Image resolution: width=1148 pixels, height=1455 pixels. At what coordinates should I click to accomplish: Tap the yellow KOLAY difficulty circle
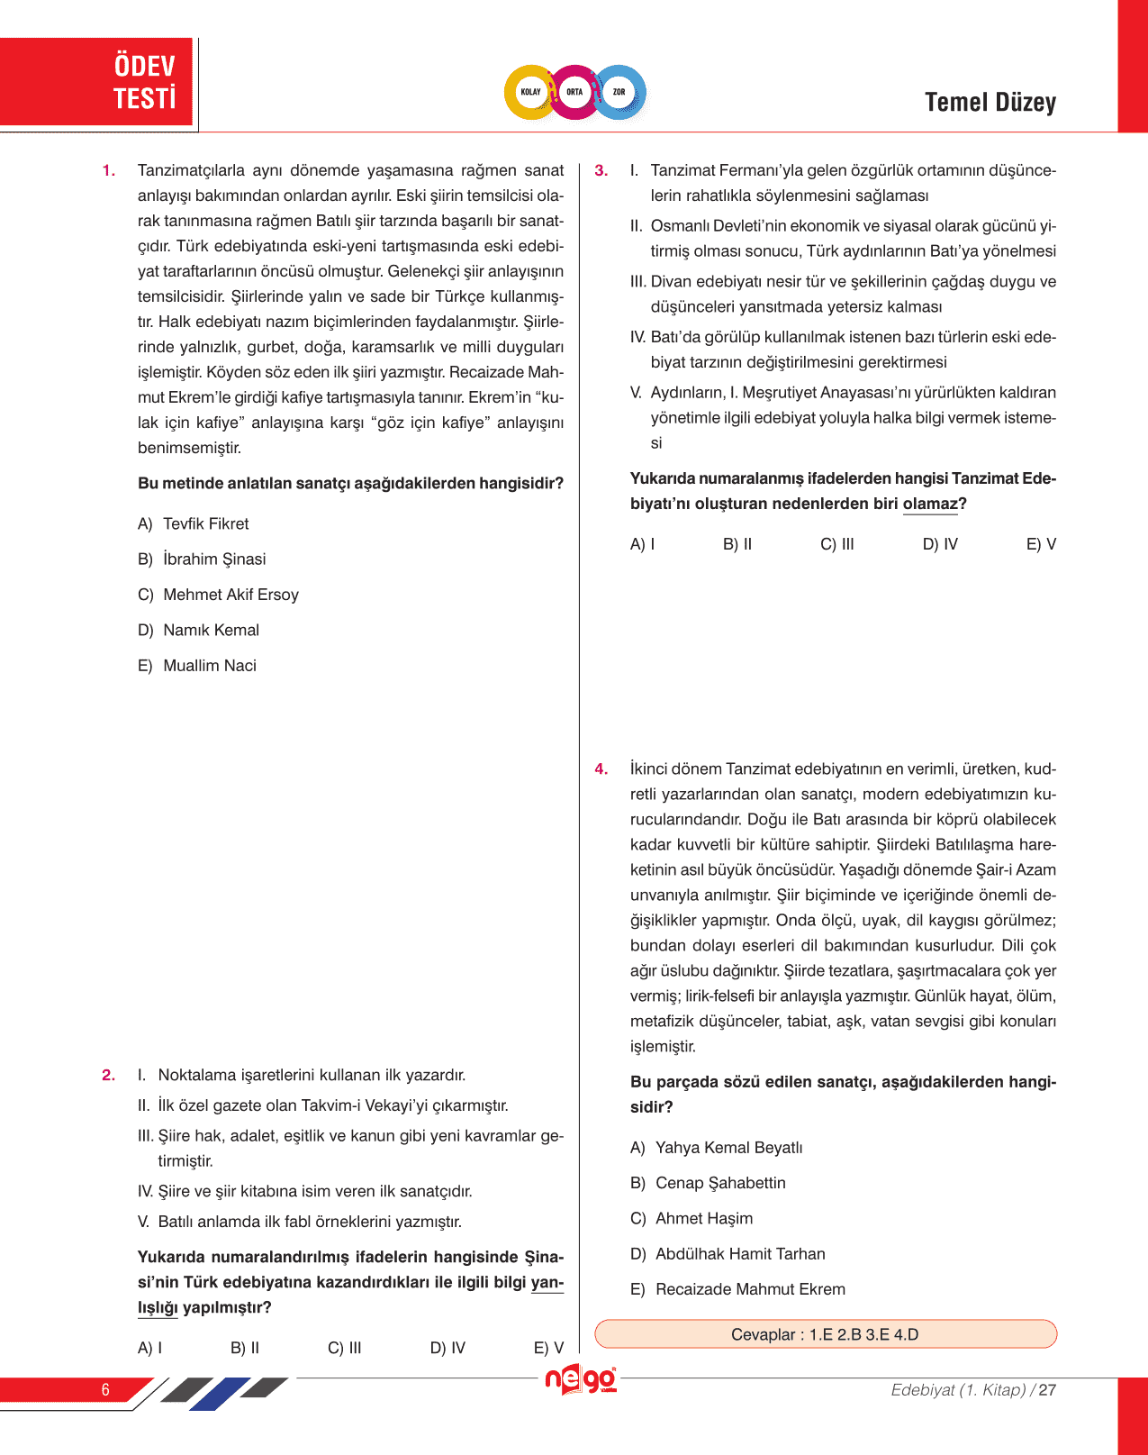[530, 92]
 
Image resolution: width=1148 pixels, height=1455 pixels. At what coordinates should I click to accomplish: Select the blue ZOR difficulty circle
[619, 92]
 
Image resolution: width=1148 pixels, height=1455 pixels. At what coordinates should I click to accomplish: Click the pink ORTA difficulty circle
[574, 92]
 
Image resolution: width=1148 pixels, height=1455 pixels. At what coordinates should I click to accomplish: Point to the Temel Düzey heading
[990, 103]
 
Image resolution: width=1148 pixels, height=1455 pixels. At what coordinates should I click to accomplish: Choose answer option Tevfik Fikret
[205, 524]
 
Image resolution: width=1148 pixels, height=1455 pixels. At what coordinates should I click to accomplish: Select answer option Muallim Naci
[209, 666]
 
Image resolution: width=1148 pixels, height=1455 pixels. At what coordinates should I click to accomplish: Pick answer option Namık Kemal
[211, 631]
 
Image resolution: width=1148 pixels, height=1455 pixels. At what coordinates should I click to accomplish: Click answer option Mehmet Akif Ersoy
[231, 595]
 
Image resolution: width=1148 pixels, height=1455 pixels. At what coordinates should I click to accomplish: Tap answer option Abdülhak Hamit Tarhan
[739, 1254]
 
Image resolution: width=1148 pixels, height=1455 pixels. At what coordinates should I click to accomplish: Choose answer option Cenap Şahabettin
[719, 1183]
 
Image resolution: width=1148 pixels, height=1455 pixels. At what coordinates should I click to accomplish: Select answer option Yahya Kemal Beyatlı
[728, 1148]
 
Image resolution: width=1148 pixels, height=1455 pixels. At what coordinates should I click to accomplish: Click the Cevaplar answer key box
[825, 1334]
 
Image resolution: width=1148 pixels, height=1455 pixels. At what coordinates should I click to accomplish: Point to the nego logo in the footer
[581, 1379]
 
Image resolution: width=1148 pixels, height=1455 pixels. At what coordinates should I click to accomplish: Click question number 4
[601, 769]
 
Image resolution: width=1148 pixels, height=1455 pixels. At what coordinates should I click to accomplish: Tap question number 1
[109, 171]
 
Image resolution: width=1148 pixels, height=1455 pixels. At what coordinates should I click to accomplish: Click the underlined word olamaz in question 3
[930, 505]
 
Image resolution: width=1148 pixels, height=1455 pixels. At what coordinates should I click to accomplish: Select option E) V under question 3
[1041, 544]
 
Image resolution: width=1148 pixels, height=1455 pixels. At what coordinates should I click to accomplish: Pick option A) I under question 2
[150, 1348]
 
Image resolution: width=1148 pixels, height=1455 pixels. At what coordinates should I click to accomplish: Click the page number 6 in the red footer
[105, 1390]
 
